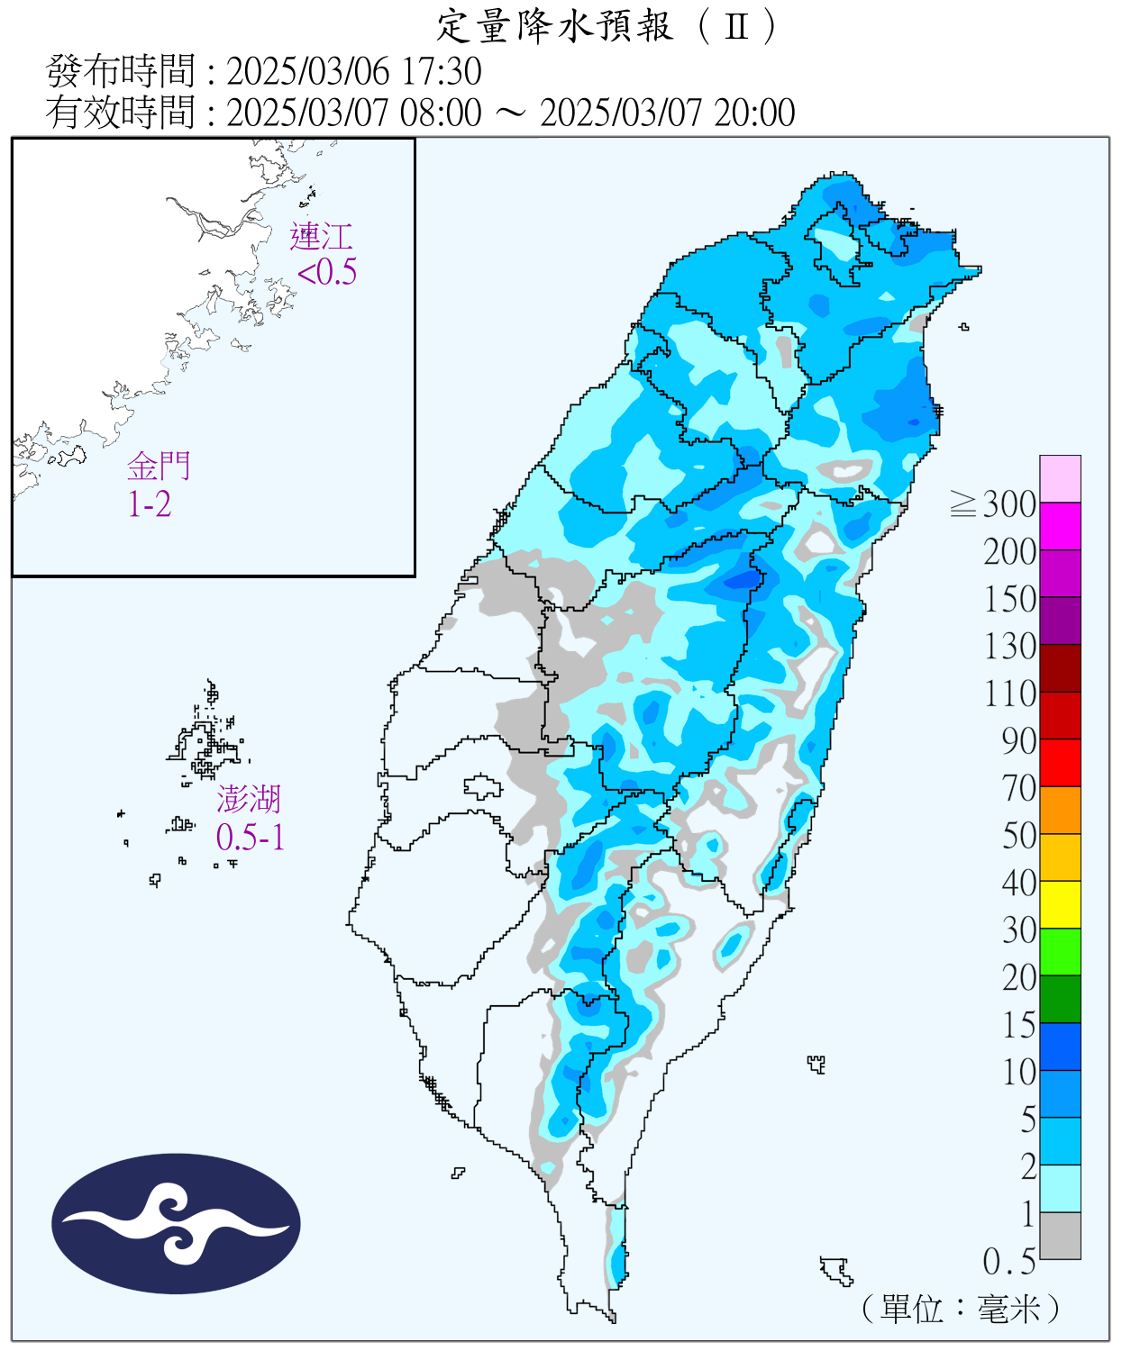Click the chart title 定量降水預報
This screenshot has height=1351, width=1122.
click(554, 26)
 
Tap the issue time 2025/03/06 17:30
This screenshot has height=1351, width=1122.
click(353, 71)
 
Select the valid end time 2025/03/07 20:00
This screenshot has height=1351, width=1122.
click(667, 113)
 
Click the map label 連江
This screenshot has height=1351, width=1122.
click(321, 237)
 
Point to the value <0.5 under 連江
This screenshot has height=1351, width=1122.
click(327, 272)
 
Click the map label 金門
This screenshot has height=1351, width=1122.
click(159, 467)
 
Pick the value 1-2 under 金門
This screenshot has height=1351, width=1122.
click(150, 504)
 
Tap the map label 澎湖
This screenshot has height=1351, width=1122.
click(249, 799)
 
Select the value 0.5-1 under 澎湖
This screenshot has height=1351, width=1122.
click(251, 838)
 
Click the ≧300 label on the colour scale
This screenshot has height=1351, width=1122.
click(993, 504)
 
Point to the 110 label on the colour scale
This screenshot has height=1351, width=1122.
click(1009, 694)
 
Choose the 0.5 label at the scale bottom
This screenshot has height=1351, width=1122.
click(1008, 1262)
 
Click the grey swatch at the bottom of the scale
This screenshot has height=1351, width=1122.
click(1060, 1236)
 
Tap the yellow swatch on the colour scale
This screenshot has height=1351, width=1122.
click(1060, 904)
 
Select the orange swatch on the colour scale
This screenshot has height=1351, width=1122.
click(1060, 810)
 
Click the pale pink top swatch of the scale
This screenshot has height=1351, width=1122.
click(1060, 478)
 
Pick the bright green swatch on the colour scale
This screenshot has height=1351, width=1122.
click(1060, 952)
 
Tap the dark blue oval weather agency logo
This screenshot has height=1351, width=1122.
click(176, 1224)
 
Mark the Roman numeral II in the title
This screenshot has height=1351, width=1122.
click(736, 26)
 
